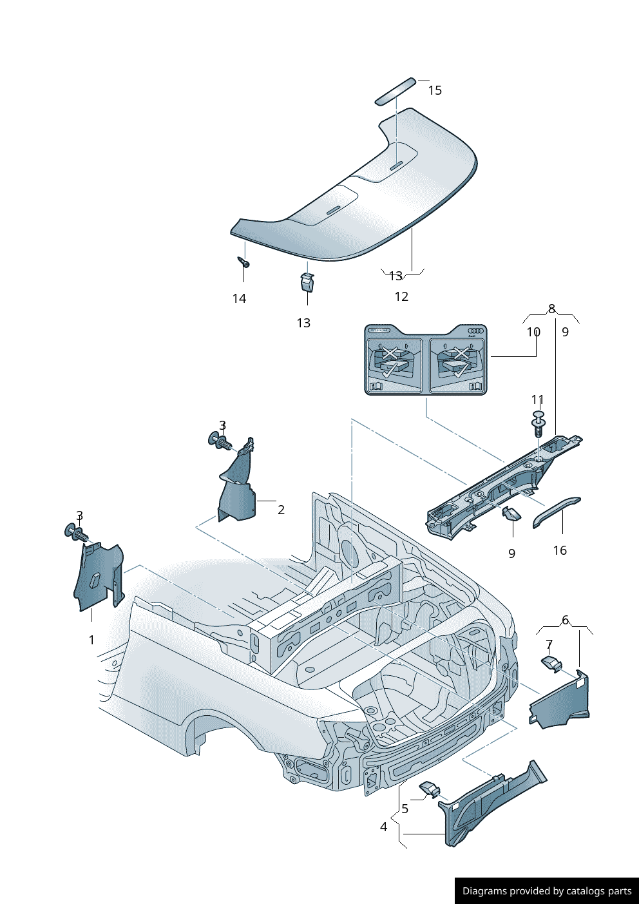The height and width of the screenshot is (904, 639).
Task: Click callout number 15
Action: [435, 90]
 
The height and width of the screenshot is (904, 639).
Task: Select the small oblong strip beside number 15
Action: [396, 91]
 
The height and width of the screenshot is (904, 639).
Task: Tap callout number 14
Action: [239, 298]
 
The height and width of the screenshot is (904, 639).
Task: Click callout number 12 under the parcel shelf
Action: [401, 296]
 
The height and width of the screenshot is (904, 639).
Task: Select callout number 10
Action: [533, 332]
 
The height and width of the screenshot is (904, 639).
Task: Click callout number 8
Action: [551, 309]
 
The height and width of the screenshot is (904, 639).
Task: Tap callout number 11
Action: [538, 399]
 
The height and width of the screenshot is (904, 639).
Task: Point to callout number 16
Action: [560, 550]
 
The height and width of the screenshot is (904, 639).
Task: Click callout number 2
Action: [281, 510]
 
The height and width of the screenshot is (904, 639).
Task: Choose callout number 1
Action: [91, 640]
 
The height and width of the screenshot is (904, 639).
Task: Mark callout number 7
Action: [549, 644]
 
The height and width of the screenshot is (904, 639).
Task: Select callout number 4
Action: [384, 827]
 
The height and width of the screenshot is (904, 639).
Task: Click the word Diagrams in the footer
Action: [484, 891]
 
